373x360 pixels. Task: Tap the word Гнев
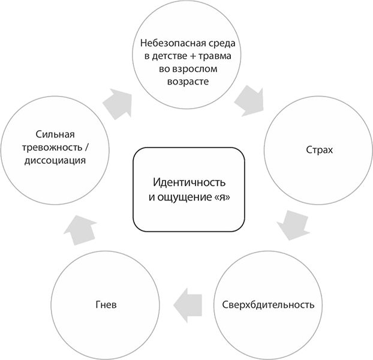[x=104, y=304]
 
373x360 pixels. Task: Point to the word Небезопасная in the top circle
[x=169, y=43]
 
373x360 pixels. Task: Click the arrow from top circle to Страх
[x=250, y=101]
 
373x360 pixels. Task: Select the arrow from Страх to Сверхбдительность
[x=292, y=225]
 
